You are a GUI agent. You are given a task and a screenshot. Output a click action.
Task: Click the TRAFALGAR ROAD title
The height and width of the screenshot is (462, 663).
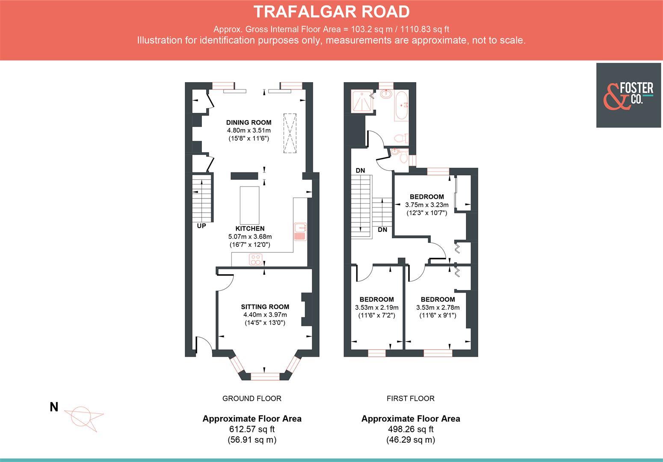(331, 12)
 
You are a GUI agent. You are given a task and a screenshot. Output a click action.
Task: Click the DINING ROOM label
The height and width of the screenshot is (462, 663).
(249, 122)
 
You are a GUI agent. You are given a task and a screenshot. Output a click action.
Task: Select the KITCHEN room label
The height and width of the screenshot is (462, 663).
(250, 228)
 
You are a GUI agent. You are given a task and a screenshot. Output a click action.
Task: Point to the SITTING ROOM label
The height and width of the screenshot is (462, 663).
(265, 307)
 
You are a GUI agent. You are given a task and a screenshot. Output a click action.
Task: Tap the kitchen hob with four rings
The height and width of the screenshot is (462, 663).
(256, 259)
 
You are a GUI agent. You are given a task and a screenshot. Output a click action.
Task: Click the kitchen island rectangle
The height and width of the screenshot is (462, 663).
(249, 202)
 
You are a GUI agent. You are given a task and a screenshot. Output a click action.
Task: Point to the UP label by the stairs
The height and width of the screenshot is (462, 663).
(201, 226)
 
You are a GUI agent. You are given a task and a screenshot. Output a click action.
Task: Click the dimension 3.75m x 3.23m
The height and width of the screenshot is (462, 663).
(426, 205)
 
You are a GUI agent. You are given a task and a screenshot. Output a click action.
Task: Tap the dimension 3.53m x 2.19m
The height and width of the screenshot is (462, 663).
(376, 308)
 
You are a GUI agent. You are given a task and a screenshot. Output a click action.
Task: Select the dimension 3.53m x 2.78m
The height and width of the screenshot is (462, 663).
(438, 308)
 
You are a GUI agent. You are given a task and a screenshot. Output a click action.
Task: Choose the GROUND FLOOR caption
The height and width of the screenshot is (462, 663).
(252, 399)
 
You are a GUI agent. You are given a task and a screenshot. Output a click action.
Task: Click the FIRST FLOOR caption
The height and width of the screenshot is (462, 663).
(410, 399)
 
